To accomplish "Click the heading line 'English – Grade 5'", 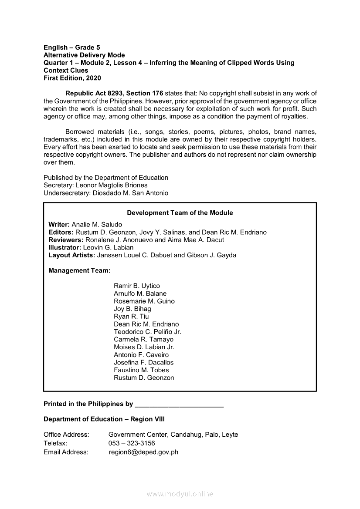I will point(72,47).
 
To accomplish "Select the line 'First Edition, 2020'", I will point(72,78).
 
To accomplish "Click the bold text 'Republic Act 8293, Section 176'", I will point(114,93).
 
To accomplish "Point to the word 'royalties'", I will point(293,116).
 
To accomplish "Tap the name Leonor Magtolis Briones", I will point(112,185).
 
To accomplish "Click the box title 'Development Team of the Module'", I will point(180,213).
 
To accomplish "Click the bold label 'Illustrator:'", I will point(65,247).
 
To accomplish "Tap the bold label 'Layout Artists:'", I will point(72,255).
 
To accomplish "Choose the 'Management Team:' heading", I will point(79,270).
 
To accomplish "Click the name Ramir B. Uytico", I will point(137,286).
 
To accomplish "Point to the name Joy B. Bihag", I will point(132,309).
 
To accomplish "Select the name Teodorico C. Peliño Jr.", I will point(147,332).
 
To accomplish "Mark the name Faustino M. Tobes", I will point(141,370).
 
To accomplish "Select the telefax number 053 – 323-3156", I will point(132,443).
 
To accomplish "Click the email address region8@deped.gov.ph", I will point(143,452).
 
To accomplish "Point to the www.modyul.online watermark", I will point(180,494).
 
